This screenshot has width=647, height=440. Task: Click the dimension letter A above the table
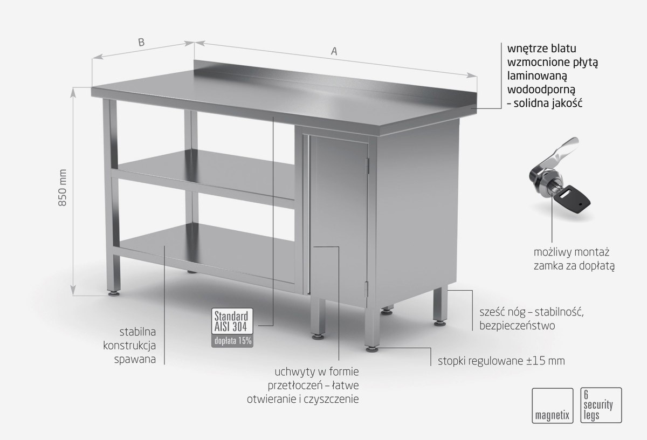(334, 51)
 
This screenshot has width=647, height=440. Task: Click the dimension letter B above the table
(141, 43)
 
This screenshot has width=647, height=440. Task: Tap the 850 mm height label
(63, 188)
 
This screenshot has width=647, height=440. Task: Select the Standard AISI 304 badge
(232, 321)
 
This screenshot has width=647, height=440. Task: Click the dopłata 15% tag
(232, 341)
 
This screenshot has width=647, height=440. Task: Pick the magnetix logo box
(552, 405)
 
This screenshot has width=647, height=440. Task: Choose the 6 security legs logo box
(601, 405)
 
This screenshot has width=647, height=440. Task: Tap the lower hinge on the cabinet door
(367, 290)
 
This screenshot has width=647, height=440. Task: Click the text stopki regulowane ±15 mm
(501, 361)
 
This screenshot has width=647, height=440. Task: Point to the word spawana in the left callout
(135, 360)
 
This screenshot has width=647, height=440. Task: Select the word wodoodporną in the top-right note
(541, 90)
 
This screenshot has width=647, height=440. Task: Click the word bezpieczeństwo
(517, 326)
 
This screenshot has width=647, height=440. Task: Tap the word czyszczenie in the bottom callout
(333, 399)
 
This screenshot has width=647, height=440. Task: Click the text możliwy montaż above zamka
(572, 252)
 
